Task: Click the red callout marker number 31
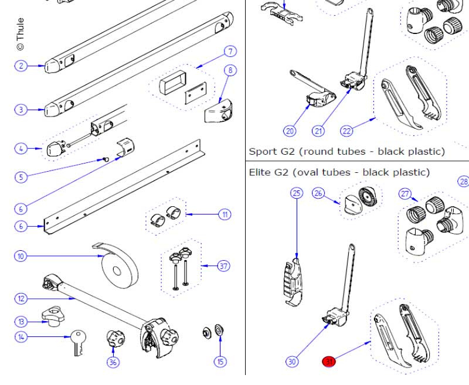[329, 362]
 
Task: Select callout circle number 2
[21, 66]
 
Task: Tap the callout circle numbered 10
[21, 256]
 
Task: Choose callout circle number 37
[223, 266]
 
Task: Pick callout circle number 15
[220, 362]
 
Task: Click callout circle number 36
[113, 362]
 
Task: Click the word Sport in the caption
[263, 151]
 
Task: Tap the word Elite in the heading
[260, 172]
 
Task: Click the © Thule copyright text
[21, 35]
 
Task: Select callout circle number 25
[297, 193]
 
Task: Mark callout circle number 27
[405, 194]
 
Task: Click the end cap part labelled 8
[219, 108]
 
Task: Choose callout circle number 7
[229, 52]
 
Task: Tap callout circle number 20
[290, 130]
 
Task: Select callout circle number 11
[225, 214]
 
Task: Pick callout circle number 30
[292, 362]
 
